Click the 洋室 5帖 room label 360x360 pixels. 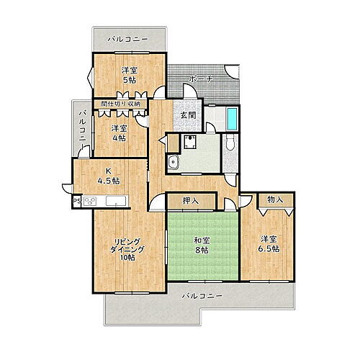(x=130, y=75)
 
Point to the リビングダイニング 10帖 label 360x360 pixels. (x=127, y=249)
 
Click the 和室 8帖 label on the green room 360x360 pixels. (x=201, y=246)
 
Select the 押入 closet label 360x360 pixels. (x=191, y=201)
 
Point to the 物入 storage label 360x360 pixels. (x=275, y=199)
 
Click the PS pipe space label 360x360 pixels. (x=76, y=201)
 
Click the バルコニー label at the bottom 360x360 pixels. (x=202, y=296)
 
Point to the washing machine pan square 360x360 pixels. (x=190, y=143)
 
